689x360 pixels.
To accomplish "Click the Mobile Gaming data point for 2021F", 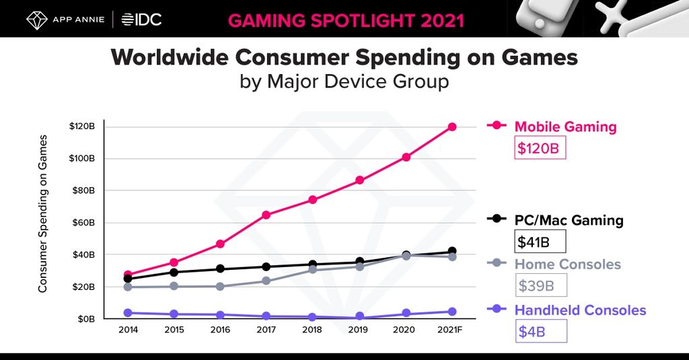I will (452, 127).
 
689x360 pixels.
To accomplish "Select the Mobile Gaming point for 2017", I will (266, 215).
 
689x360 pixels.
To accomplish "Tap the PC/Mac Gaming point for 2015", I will (174, 273).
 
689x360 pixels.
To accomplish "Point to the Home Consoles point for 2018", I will (313, 270).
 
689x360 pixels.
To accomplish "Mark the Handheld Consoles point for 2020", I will (406, 313).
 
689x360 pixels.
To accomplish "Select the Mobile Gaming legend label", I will (565, 127).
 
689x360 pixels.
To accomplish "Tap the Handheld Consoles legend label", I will (580, 310).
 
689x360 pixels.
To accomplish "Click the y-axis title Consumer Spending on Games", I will (43, 213).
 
